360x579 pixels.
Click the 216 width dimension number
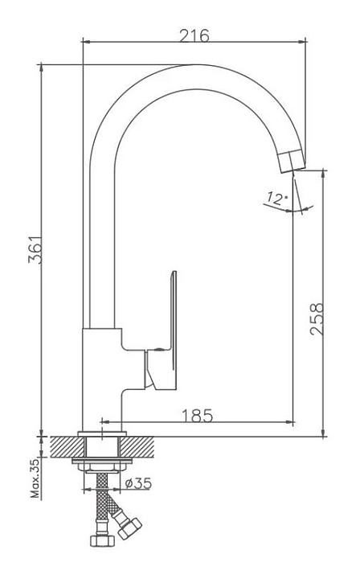[x=194, y=36]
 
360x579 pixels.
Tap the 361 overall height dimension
[x=35, y=249]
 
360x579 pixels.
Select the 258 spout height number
[x=317, y=319]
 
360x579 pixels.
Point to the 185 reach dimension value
[x=198, y=416]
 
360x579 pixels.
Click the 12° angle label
[x=277, y=199]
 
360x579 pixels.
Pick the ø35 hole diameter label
[x=138, y=483]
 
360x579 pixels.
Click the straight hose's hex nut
[x=102, y=540]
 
